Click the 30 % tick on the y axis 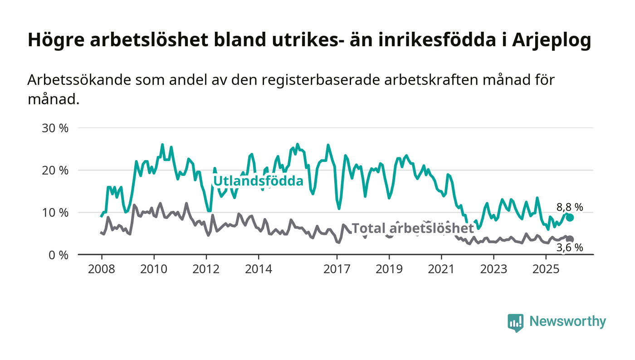(x=55, y=128)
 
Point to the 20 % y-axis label (x=55, y=170)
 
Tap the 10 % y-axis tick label (x=55, y=212)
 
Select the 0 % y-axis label (x=58, y=255)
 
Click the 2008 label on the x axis (x=101, y=269)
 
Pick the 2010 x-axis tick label (x=154, y=269)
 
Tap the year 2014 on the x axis (x=259, y=269)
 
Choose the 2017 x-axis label (x=337, y=269)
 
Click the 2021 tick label (x=441, y=269)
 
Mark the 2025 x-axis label (x=546, y=269)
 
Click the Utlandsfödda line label (x=258, y=181)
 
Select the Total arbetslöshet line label (x=413, y=228)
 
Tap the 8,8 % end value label (x=570, y=207)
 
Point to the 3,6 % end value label (x=570, y=248)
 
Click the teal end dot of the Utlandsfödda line (x=570, y=218)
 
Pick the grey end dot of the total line (x=570, y=239)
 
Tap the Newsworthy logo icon (x=516, y=322)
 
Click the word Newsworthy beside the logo (x=567, y=321)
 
